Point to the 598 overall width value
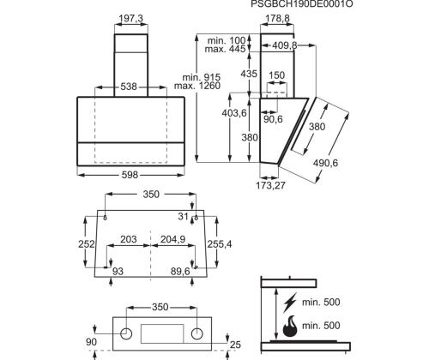tap(129, 174)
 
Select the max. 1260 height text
tap(196, 87)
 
